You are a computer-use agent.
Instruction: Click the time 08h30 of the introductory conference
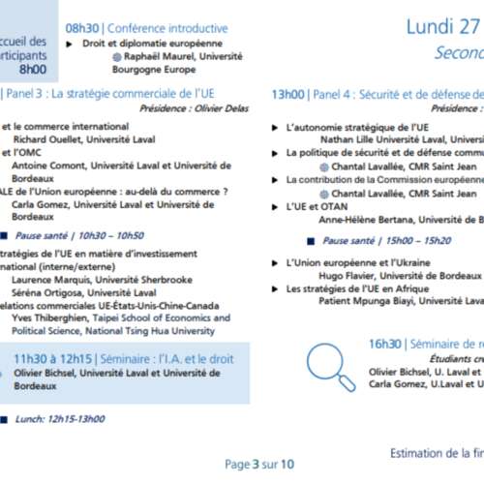point(81,28)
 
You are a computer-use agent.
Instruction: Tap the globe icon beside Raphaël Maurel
point(118,56)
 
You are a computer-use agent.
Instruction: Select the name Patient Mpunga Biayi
point(366,301)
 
